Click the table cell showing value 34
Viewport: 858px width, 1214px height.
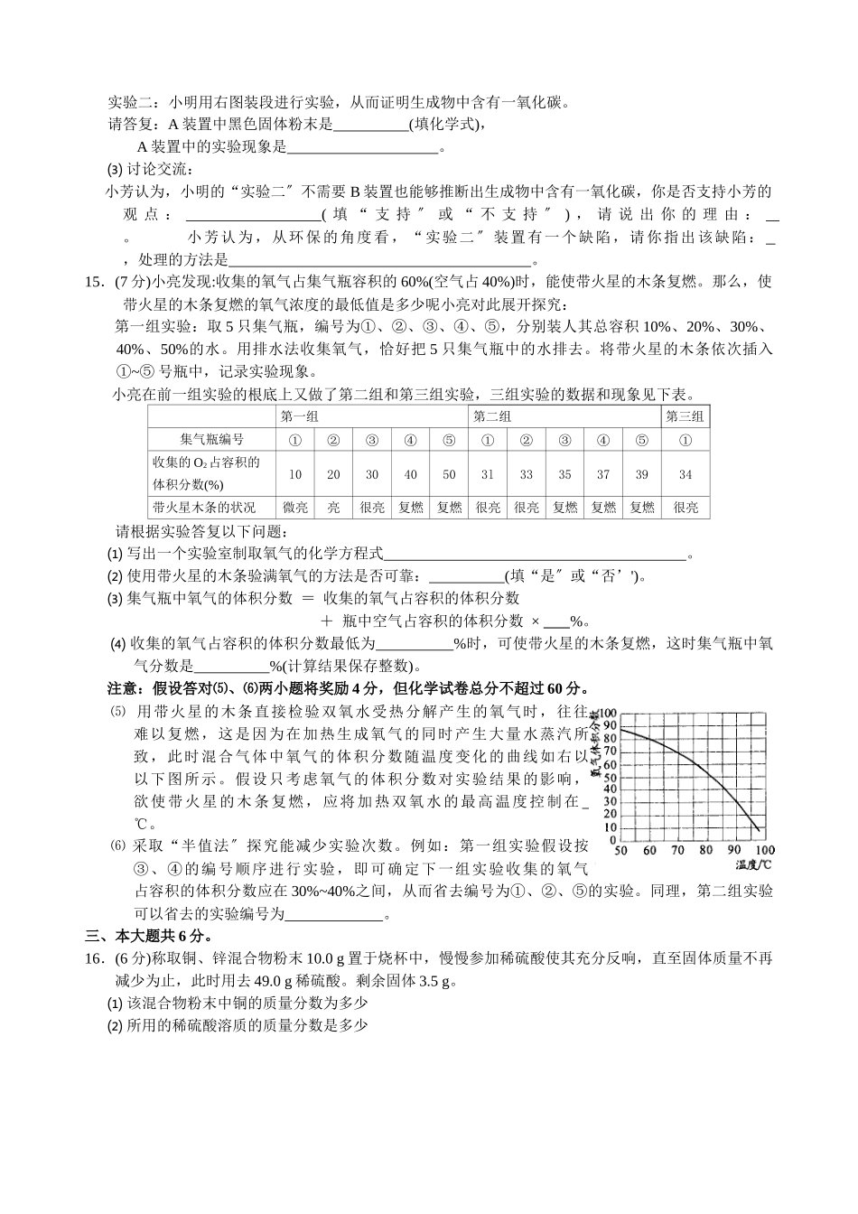point(685,474)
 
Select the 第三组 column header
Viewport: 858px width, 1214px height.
point(685,416)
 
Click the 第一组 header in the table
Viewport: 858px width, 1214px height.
point(300,416)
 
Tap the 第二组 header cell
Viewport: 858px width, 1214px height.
point(493,416)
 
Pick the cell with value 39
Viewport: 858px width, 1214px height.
point(641,474)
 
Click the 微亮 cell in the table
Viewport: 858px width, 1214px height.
point(295,508)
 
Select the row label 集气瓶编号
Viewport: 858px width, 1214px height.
point(211,439)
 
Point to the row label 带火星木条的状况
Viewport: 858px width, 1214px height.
point(204,508)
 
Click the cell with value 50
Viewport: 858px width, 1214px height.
point(449,474)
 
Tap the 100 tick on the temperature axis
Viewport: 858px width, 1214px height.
point(765,850)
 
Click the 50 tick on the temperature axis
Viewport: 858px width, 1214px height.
point(620,850)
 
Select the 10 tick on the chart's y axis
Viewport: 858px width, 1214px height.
point(610,827)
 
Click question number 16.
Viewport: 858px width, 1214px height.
point(95,958)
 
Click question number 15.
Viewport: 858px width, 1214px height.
point(95,281)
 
